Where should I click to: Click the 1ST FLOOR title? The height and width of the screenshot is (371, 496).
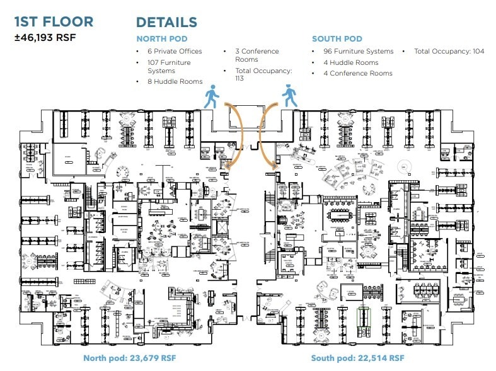[x=54, y=21]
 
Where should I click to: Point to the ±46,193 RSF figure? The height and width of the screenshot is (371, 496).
[x=45, y=37]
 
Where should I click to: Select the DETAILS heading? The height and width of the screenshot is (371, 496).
[x=166, y=22]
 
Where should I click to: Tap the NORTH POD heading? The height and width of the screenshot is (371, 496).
[x=162, y=39]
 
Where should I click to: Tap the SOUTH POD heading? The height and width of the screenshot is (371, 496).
[x=337, y=39]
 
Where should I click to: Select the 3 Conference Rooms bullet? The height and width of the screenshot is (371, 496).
[x=257, y=55]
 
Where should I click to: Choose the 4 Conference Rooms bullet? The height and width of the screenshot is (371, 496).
[x=358, y=73]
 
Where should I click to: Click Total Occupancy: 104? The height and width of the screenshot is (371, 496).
[x=449, y=52]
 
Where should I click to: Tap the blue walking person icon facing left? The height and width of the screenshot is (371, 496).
[x=289, y=96]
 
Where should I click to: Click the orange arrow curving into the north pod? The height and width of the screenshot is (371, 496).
[x=237, y=135]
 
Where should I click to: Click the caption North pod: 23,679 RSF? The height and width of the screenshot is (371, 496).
[x=130, y=358]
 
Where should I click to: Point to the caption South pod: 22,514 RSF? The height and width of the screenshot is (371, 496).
[x=357, y=358]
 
